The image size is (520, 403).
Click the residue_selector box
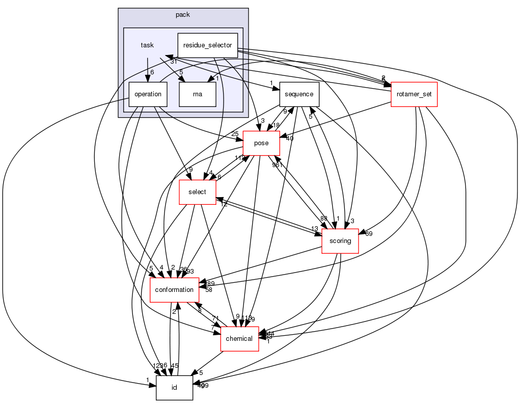point(207,45)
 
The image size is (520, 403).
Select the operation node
point(148,94)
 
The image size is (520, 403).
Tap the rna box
point(198,94)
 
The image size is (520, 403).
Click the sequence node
point(299,94)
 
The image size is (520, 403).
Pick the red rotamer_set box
point(414,94)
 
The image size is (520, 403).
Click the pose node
point(261,143)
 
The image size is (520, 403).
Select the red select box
point(197,192)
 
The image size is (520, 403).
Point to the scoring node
point(340,241)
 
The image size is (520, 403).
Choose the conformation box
point(174,290)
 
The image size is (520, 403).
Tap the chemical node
point(239,339)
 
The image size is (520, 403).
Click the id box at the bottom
point(174,388)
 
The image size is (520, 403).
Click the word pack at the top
point(183,15)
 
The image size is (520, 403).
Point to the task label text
point(147,45)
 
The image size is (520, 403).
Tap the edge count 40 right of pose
point(290,138)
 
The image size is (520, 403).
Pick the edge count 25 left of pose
point(235,133)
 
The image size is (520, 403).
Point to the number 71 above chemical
point(215,318)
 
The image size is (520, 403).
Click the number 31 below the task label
point(173,61)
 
